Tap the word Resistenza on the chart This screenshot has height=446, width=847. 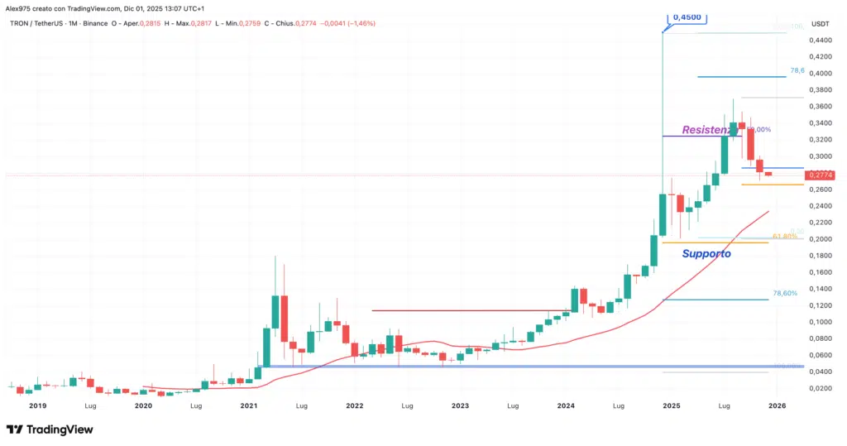coord(708,130)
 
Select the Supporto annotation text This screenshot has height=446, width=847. coord(706,254)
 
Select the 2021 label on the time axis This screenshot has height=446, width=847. coord(249,406)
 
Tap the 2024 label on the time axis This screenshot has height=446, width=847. coord(566,406)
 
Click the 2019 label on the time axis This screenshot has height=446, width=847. coord(37,406)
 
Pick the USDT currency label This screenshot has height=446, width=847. coord(821,23)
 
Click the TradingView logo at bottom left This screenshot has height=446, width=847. coord(50,429)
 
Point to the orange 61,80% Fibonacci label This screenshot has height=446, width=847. coord(784,237)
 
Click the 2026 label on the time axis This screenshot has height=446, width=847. coord(777,406)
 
